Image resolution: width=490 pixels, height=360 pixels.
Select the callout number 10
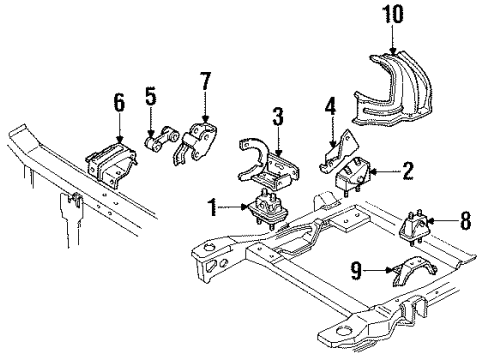coord(392,16)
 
